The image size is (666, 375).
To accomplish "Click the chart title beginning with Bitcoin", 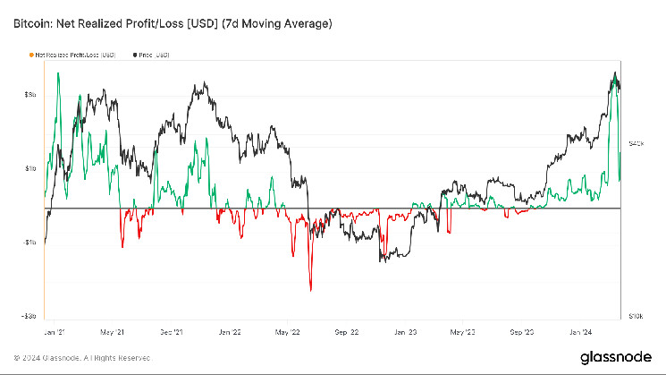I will tap(173, 24).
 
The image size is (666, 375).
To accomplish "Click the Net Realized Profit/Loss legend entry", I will tap(75, 55).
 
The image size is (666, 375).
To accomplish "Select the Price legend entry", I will tap(154, 55).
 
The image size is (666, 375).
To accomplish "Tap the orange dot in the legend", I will tap(33, 55).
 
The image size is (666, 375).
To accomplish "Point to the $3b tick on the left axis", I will tap(30, 94).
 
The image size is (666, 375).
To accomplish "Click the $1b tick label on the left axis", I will tap(30, 168).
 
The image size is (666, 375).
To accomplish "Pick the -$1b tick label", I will tap(29, 242).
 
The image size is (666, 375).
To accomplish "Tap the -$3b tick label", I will tap(29, 315).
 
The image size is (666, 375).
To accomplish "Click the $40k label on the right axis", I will tap(637, 143).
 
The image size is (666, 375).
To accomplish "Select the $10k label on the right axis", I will tap(637, 316).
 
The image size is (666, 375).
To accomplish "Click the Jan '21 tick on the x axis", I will tap(55, 331).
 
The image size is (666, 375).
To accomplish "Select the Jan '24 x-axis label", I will tap(582, 331).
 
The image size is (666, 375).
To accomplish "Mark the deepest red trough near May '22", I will tap(310, 290).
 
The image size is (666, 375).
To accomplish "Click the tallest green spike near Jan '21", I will tap(58, 73).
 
